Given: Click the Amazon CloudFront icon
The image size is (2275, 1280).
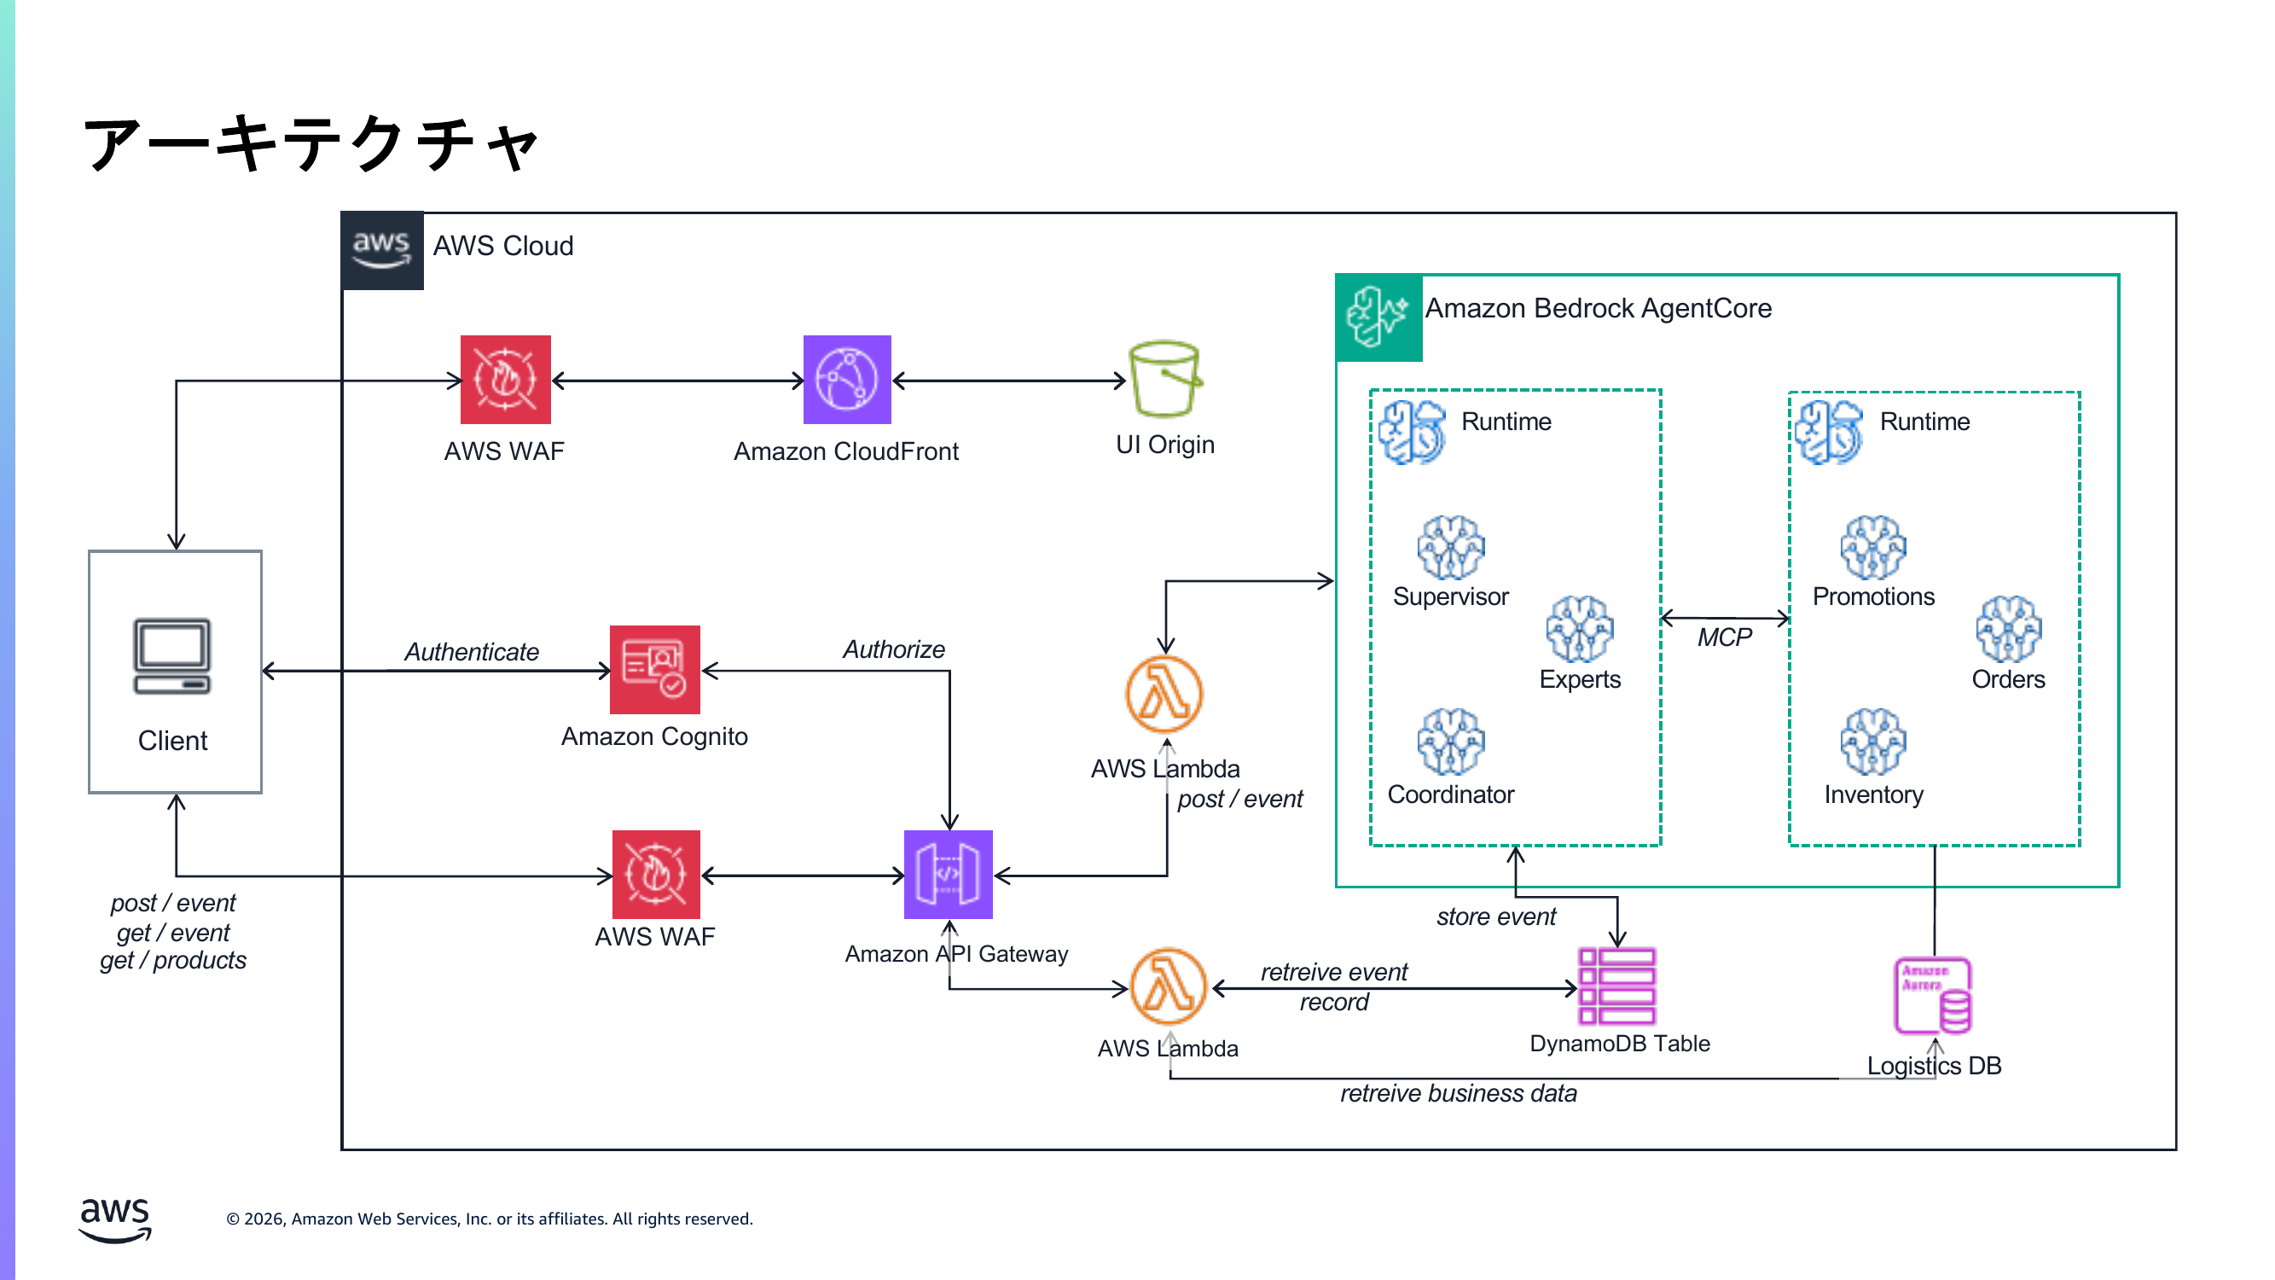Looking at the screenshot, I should click(846, 380).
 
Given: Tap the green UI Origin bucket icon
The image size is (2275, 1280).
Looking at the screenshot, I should click(1165, 379).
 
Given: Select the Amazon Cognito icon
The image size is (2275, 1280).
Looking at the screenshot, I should click(654, 670).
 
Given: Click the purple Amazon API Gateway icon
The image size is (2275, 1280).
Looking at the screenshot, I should click(948, 875).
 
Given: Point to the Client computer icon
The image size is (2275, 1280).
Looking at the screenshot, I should click(172, 656).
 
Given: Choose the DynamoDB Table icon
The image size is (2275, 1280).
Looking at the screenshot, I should click(1616, 986).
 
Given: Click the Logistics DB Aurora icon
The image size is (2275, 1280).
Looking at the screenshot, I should click(1932, 996).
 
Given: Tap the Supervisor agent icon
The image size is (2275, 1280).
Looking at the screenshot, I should click(1450, 548).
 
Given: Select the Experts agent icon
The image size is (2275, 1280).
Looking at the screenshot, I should click(1579, 629).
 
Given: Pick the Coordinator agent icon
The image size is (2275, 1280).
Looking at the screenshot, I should click(1450, 742).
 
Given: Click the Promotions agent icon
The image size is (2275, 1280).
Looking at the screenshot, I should click(1872, 548).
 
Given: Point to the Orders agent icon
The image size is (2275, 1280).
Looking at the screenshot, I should click(2008, 629).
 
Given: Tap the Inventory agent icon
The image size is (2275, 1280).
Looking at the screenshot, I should click(1872, 742).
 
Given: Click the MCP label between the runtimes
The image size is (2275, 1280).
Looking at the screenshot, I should click(1724, 637).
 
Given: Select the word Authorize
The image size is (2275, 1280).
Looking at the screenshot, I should click(893, 649).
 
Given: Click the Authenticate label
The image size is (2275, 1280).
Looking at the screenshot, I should click(472, 652).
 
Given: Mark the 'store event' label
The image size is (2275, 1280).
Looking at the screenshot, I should click(1495, 917).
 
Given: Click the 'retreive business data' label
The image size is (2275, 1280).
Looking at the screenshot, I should click(1457, 1094).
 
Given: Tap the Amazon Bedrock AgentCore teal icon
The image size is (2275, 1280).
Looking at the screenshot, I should click(1378, 317).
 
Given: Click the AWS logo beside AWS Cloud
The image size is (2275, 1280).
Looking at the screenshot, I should click(381, 250).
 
